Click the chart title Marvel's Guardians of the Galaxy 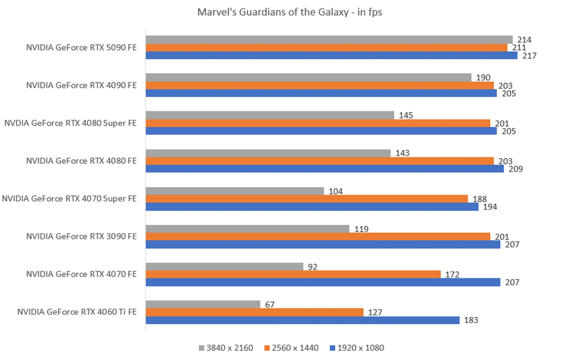coord(290,12)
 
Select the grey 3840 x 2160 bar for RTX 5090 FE coord(329,40)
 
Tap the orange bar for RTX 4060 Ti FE coord(254,312)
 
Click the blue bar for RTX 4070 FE coord(323,282)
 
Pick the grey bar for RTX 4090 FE coord(308,78)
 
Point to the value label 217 coord(529,56)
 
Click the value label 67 coord(270,305)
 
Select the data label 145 coord(406,115)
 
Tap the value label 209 coord(516,169)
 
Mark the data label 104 coord(336,191)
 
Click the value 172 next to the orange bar coord(452,275)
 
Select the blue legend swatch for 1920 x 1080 coord(332,348)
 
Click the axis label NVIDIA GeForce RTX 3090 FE coord(81,236)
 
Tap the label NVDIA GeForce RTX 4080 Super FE coord(70,123)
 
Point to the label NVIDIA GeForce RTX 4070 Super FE coord(69,199)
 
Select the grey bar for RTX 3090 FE coord(247,229)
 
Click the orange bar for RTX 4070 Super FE coord(307,199)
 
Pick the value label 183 coord(471,320)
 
